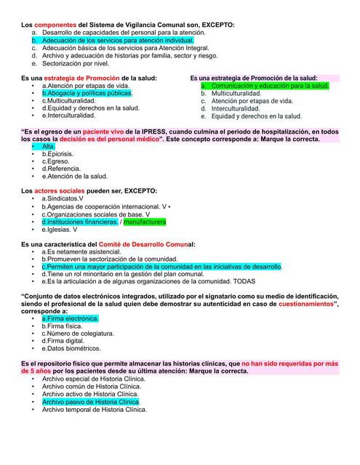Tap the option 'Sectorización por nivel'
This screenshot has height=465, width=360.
[x=79, y=63]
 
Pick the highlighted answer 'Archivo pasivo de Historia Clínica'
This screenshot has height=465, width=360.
[x=90, y=401]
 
